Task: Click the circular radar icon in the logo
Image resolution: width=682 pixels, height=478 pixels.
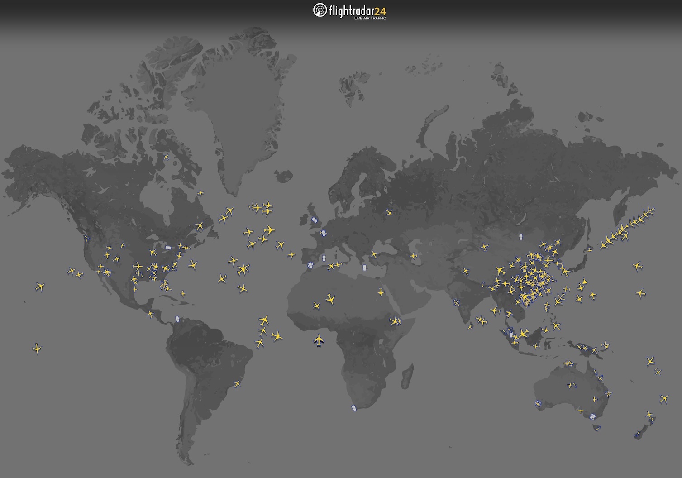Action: pyautogui.click(x=320, y=10)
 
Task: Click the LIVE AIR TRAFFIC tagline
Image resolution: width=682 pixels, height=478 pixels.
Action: pyautogui.click(x=370, y=19)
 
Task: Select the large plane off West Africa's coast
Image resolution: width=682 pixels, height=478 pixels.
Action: pyautogui.click(x=319, y=340)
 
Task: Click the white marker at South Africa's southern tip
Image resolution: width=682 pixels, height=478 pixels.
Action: pyautogui.click(x=354, y=408)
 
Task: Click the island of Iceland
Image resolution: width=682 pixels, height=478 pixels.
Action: pyautogui.click(x=283, y=176)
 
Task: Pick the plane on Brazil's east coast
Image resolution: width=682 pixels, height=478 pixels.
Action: pyautogui.click(x=237, y=384)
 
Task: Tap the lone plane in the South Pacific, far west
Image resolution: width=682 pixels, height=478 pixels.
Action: pyautogui.click(x=37, y=349)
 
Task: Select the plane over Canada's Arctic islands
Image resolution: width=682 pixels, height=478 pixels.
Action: pyautogui.click(x=166, y=157)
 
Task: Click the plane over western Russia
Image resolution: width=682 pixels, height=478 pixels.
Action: pyautogui.click(x=389, y=212)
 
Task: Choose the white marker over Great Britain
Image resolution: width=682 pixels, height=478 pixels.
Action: pyautogui.click(x=315, y=220)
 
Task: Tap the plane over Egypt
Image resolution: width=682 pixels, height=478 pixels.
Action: pyautogui.click(x=381, y=292)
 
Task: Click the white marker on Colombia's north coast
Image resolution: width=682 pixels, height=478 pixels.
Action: pyautogui.click(x=177, y=319)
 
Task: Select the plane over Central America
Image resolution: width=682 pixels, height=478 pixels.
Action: pyautogui.click(x=151, y=313)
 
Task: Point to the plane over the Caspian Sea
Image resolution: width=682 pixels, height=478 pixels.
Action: pyautogui.click(x=413, y=256)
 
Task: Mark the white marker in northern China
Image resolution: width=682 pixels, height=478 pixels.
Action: pyautogui.click(x=520, y=237)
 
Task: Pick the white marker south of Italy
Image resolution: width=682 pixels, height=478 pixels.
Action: pyautogui.click(x=364, y=268)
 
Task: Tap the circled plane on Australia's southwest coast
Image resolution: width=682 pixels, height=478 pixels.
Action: pyautogui.click(x=538, y=403)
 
